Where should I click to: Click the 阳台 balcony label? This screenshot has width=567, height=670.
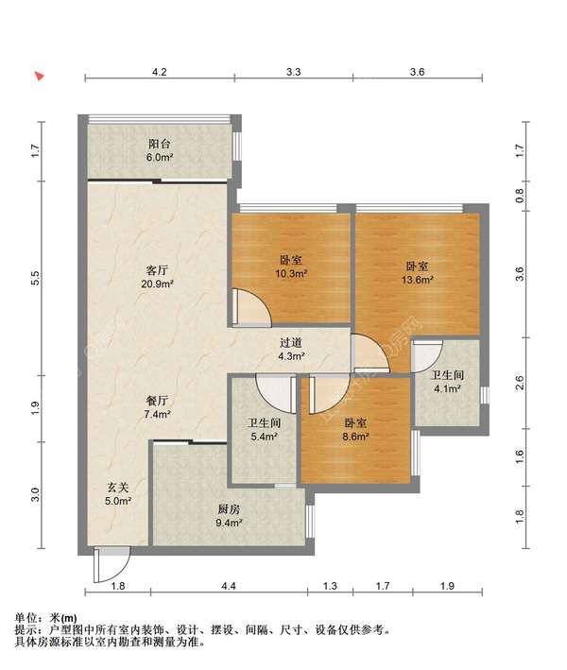159,144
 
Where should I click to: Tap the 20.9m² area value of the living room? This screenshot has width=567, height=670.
157,283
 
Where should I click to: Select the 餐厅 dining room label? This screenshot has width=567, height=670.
157,401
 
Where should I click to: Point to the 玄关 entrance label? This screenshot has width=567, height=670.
117,488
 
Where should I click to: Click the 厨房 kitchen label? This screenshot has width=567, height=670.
229,509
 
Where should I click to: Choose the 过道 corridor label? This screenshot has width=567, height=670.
291,342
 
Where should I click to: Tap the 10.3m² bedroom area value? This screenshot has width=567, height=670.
291,273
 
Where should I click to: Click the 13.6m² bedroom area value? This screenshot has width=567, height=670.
417,280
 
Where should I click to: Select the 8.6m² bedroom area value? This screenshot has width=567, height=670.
356,437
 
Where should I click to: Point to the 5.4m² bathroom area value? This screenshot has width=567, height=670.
264,437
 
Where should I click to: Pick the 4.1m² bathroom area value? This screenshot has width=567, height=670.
447,388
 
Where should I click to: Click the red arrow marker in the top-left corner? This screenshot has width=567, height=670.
40,77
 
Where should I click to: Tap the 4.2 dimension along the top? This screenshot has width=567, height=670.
159,72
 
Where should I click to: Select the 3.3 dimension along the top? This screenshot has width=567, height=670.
293,72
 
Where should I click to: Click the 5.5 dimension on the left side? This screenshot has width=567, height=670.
36,278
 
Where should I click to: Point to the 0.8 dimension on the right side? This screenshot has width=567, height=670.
519,196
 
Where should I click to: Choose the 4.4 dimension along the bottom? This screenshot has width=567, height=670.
229,586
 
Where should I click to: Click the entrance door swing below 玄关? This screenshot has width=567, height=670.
112,565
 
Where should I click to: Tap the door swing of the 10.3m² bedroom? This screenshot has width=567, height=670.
252,308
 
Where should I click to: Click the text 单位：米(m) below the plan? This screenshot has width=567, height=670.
45,618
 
